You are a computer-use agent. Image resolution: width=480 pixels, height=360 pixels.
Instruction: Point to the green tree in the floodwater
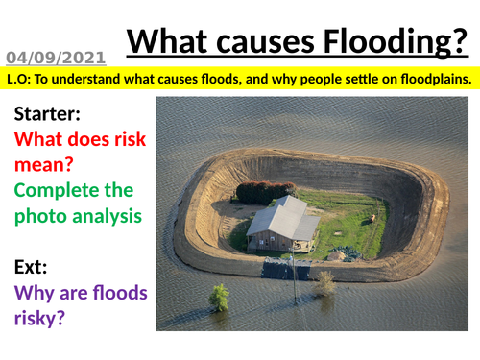220,298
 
